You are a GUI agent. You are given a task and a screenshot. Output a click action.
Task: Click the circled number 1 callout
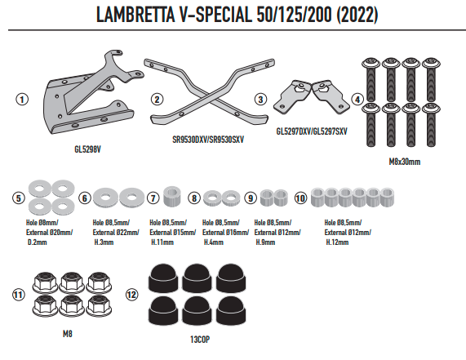point(22,99)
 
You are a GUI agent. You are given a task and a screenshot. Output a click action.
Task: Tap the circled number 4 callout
point(357,100)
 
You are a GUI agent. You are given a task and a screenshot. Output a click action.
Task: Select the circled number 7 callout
point(153,198)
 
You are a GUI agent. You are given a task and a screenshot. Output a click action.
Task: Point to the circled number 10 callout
point(300,198)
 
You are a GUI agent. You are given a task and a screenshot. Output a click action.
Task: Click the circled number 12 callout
point(131,295)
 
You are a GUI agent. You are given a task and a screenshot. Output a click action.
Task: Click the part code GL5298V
point(87,149)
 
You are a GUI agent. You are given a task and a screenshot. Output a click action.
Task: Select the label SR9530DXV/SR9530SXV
point(208,140)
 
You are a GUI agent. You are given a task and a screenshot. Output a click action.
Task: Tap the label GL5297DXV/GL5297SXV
point(312,131)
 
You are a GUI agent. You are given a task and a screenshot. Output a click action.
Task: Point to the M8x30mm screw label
point(405,162)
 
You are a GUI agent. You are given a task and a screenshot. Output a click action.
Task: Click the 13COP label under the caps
point(200,340)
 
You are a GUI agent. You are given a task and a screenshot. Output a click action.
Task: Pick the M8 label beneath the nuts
point(68,334)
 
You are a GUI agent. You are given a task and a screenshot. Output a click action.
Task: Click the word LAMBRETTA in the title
point(136,14)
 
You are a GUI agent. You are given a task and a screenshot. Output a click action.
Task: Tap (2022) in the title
point(357,14)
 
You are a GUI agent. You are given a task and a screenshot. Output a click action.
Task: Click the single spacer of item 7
point(172,196)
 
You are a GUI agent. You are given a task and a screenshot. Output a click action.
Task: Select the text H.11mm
point(162,242)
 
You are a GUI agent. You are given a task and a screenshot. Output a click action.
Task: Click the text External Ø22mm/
point(116,232)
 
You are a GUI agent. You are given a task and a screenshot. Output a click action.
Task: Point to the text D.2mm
point(38,242)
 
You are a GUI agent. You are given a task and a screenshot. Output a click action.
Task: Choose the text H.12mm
point(337,242)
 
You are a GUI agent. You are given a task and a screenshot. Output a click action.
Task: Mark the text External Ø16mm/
point(225,232)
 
